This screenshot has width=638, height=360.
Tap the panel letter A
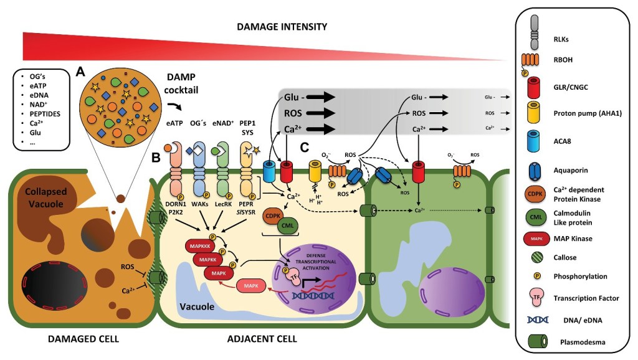[x=80, y=71]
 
